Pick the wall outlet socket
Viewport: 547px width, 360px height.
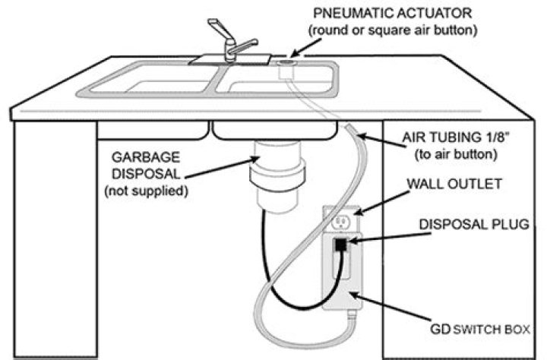[x=340, y=222]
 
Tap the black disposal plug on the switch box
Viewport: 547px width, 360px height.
[x=340, y=246]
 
